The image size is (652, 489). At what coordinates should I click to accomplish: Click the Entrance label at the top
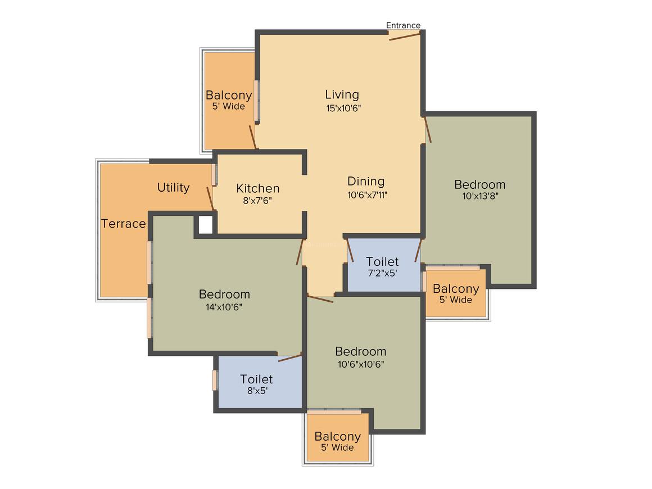pos(403,25)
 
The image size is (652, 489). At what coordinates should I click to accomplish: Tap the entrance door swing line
pos(405,37)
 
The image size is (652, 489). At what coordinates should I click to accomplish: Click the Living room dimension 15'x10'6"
pos(343,108)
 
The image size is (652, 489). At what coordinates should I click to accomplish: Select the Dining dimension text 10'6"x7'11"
pos(368,194)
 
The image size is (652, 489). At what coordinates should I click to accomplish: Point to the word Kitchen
pos(258,188)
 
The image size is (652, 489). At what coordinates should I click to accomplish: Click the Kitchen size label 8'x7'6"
pos(257,201)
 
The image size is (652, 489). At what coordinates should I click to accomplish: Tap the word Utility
pos(173,188)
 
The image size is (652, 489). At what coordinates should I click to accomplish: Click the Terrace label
pos(124,224)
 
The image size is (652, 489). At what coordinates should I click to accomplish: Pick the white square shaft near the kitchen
pos(205,225)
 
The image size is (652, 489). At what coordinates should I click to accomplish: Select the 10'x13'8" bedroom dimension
pos(480,196)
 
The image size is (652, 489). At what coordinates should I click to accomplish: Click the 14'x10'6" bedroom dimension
pos(224,307)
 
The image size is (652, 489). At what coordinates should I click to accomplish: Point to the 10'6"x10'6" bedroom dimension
pos(361,364)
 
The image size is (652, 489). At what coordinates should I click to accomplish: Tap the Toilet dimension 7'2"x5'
pos(383,273)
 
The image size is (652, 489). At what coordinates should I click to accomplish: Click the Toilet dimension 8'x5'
pos(257,391)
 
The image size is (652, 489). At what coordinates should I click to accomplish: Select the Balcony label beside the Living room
pos(229,95)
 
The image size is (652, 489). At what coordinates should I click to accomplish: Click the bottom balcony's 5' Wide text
pos(337,447)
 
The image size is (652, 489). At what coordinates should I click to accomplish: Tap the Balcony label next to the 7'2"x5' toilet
pos(456,288)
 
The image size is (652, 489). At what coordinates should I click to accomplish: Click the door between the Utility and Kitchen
pos(210,198)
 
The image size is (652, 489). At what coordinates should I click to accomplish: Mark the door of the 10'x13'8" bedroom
pos(428,130)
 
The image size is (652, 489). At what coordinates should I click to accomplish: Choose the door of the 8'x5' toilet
pos(290,358)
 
